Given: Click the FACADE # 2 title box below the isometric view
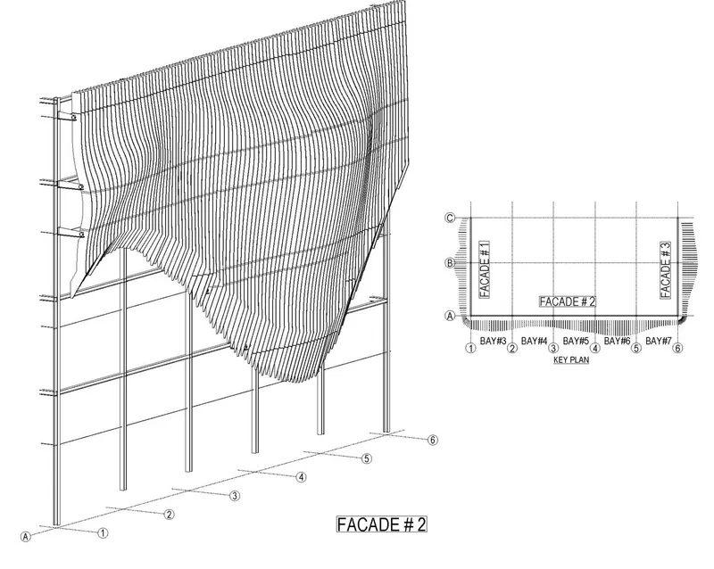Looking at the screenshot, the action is point(382,524).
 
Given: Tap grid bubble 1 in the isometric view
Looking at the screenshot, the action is point(104,532).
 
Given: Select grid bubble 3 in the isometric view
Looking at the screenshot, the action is point(235,496).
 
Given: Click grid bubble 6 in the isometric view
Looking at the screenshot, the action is point(433,440).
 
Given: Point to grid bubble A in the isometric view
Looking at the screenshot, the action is point(26,537).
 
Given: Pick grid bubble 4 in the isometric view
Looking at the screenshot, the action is point(301,477).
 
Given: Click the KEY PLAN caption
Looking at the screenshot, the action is point(571,360).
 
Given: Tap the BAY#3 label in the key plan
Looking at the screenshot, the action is point(494,341).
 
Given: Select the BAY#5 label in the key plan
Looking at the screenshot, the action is point(576,341).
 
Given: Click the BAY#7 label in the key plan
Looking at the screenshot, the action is point(659,341).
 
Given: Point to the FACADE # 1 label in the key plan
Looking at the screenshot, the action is point(485,269).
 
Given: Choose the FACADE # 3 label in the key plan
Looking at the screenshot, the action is point(666,269).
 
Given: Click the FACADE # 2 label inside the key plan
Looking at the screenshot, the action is point(568,301).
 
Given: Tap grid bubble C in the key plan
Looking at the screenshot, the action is point(450,218).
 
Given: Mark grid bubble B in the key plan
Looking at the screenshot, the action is point(450,263).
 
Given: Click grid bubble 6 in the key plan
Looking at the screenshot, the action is point(677,348).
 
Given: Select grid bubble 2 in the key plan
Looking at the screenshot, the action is point(512,348).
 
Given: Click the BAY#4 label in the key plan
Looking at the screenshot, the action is point(534,341).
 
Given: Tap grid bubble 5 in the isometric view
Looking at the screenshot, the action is point(367,458).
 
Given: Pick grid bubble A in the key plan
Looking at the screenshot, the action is point(450,316).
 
